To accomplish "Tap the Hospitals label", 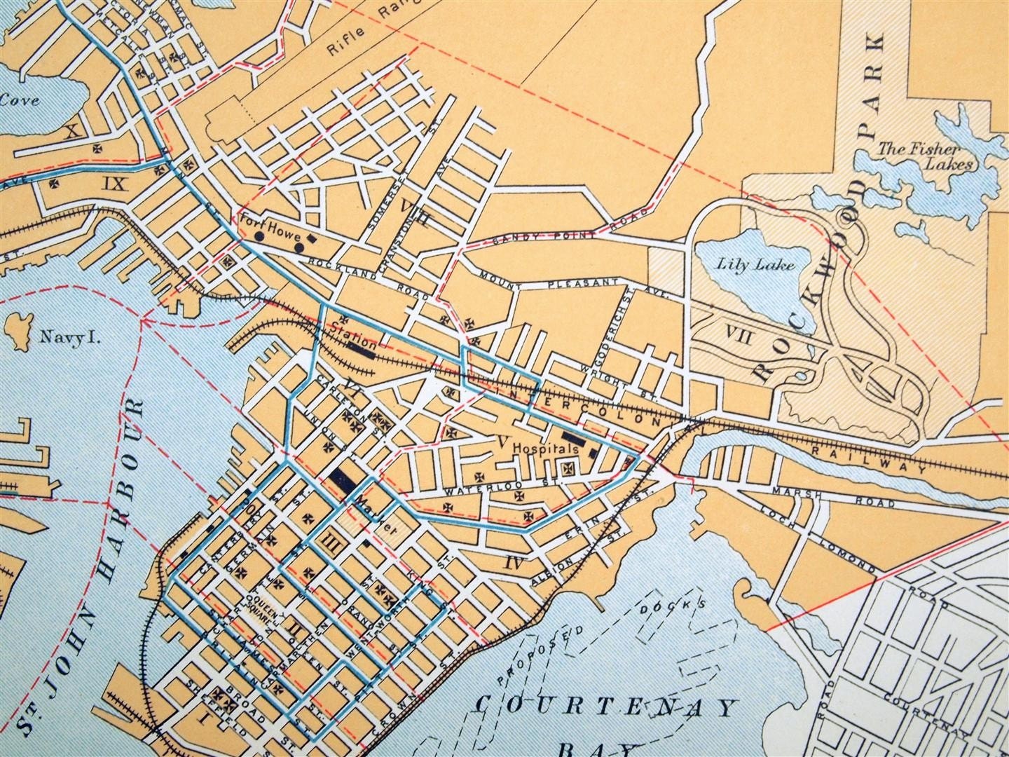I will click(x=545, y=446).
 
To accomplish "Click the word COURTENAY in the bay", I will click(x=608, y=706).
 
